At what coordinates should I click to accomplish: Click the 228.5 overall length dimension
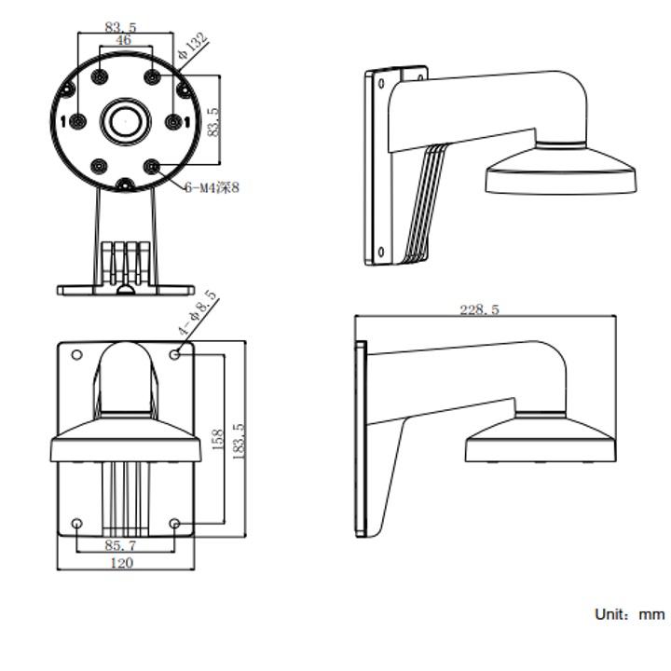[479, 309]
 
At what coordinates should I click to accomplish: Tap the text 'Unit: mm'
[629, 614]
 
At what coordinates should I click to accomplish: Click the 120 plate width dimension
[122, 563]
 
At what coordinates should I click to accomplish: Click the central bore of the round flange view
[125, 119]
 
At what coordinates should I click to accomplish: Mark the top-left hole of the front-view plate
[76, 354]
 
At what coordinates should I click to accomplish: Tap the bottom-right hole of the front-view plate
[175, 524]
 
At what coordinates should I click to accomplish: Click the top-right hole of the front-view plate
[176, 354]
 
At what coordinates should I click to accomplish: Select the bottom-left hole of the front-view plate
[76, 524]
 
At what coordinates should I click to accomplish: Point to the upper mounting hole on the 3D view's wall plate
[381, 84]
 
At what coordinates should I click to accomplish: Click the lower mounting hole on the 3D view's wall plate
[380, 249]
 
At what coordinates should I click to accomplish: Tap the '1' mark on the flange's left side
[62, 121]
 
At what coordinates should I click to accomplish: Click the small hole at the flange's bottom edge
[125, 184]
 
